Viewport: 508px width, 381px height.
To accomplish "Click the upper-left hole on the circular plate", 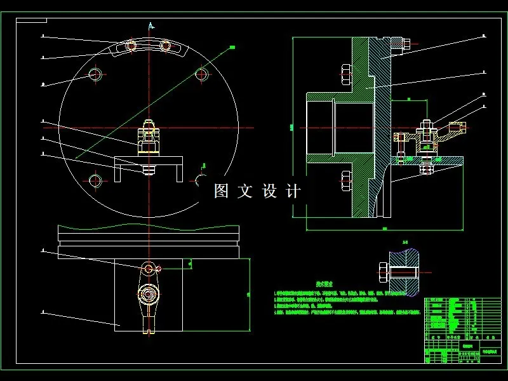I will [95, 74].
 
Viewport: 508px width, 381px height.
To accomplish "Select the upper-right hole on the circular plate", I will [203, 75].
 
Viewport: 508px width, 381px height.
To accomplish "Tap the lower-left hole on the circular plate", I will [95, 181].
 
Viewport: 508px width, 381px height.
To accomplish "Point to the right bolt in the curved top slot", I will [166, 45].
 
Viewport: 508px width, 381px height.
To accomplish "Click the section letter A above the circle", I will [150, 25].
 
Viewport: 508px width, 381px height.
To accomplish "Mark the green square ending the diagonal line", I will [232, 46].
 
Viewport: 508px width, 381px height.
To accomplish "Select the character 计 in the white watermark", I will [293, 190].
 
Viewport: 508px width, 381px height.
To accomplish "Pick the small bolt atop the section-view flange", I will [404, 44].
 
